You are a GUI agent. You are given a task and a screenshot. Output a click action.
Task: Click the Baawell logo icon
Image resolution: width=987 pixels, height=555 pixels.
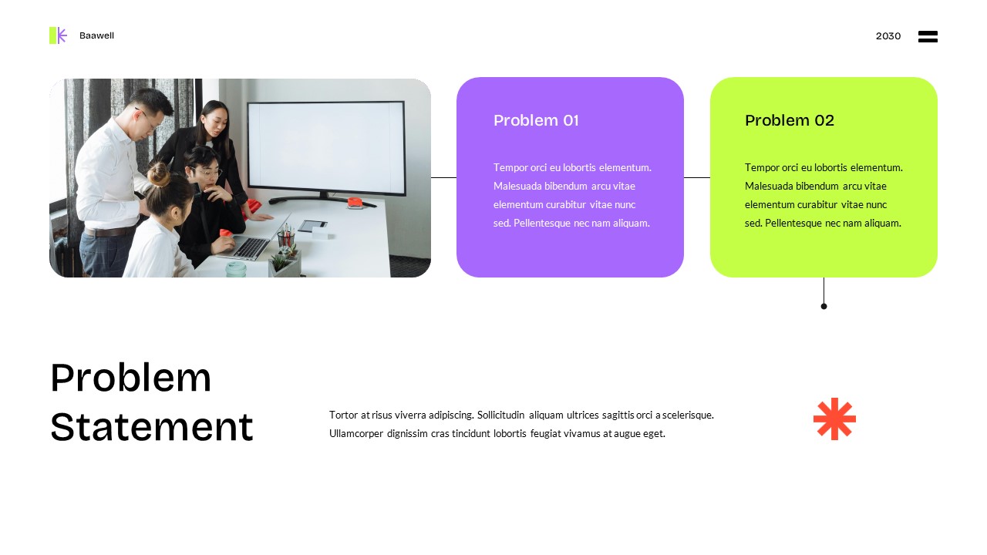click(x=58, y=35)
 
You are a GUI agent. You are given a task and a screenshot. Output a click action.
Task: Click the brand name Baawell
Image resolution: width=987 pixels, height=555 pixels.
click(x=96, y=35)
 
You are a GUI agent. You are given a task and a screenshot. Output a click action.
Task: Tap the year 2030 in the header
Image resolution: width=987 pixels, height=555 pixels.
click(x=888, y=36)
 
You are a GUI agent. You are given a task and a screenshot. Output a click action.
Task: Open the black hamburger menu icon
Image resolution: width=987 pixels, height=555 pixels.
click(x=928, y=36)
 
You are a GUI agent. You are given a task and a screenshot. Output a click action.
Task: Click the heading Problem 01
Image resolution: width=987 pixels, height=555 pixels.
click(x=536, y=120)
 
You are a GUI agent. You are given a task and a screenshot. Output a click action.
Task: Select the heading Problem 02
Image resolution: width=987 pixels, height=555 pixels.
click(x=789, y=120)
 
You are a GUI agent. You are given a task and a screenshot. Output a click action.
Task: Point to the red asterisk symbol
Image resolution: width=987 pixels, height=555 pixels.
click(x=834, y=419)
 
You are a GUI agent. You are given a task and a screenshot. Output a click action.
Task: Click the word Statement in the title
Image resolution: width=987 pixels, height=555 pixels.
click(x=151, y=426)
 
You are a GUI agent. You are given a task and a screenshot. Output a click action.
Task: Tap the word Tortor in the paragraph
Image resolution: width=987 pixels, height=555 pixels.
click(x=344, y=415)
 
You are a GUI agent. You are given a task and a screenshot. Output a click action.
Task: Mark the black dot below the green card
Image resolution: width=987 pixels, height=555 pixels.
click(x=824, y=306)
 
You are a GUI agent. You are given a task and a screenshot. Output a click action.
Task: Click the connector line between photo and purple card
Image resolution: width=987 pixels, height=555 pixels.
click(x=443, y=177)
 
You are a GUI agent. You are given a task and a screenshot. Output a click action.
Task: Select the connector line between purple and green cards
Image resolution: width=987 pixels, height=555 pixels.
click(x=697, y=177)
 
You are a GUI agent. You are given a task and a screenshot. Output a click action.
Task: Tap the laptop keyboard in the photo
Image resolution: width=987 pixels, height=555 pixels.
click(x=251, y=247)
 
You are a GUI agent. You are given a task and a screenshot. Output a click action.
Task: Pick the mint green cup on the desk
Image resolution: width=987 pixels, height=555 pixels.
click(x=236, y=269)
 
